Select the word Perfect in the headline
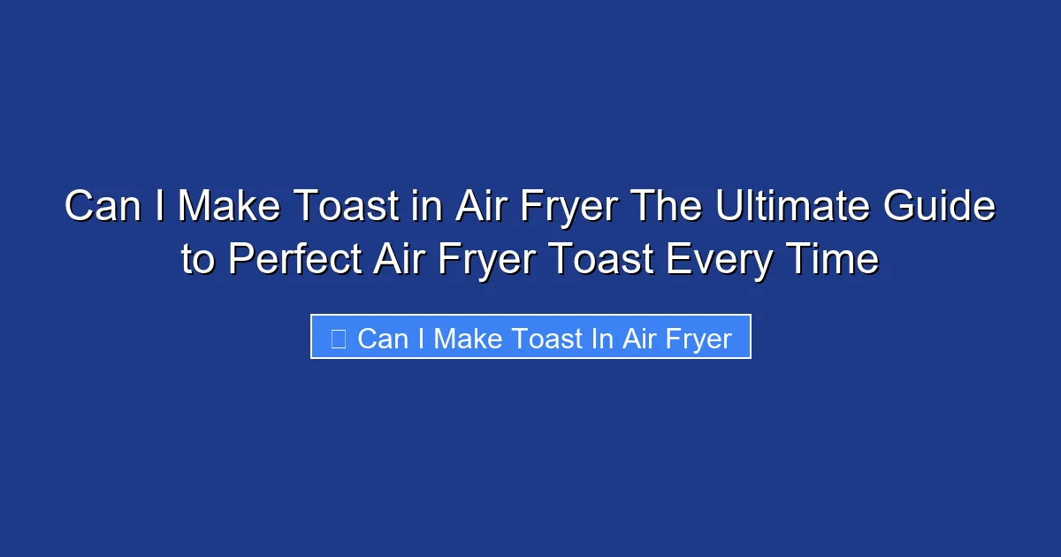[x=294, y=259]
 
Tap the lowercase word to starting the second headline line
[x=199, y=259]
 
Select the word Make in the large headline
[x=228, y=207]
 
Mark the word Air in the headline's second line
[x=396, y=259]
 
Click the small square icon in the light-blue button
[x=338, y=338]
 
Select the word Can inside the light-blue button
[x=383, y=338]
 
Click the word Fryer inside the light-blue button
[x=697, y=338]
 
